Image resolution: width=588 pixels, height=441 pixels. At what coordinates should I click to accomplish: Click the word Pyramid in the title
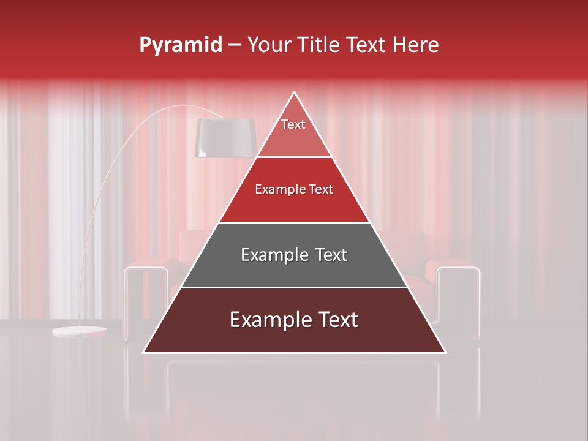coord(181,45)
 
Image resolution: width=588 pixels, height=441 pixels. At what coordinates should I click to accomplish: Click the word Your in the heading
coord(269,45)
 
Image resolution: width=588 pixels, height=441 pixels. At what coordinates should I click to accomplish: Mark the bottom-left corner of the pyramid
coord(144,352)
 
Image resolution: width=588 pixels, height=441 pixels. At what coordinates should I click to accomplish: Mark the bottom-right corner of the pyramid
coord(445,352)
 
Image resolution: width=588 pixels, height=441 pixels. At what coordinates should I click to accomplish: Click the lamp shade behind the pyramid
coord(224,138)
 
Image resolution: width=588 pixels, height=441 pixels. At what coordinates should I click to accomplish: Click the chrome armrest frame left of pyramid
coord(146,269)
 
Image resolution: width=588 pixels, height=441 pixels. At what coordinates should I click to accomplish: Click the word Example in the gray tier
coord(273,255)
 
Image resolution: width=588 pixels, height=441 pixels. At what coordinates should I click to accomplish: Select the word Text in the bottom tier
coord(334,320)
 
